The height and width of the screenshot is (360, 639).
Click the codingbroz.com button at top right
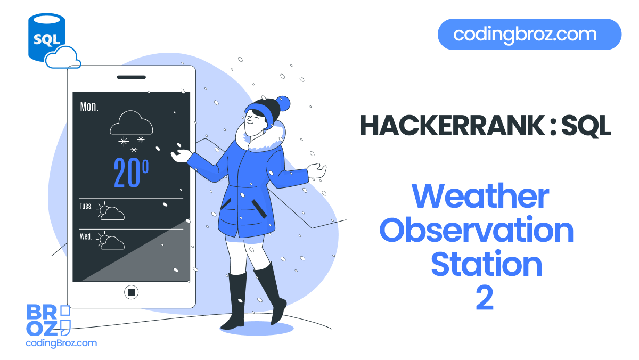(x=529, y=35)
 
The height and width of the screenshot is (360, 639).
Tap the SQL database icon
(x=46, y=36)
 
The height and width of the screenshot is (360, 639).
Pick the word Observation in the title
(x=476, y=230)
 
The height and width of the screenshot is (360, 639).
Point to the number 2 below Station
(x=485, y=298)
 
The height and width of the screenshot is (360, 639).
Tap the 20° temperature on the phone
(x=131, y=172)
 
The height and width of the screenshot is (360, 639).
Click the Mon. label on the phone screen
(x=89, y=107)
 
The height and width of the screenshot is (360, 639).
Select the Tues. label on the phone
(x=86, y=206)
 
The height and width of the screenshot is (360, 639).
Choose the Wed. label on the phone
(x=86, y=236)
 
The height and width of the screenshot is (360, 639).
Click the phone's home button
(x=131, y=292)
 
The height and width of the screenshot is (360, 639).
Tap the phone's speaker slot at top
(x=131, y=77)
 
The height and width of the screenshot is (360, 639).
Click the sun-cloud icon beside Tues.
(x=111, y=211)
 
